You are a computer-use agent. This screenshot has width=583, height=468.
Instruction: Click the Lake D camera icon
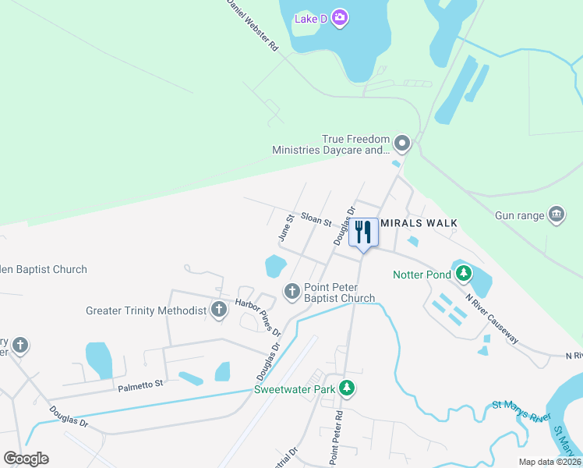pos(340,17)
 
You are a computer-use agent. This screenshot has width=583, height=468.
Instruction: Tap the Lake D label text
pos(310,18)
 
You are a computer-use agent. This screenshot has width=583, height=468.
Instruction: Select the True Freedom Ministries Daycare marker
pos(402,143)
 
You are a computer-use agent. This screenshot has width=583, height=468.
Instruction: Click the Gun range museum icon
pos(556,214)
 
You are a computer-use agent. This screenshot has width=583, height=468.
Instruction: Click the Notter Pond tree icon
pos(465,273)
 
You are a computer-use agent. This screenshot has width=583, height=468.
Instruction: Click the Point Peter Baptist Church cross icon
pos(292,292)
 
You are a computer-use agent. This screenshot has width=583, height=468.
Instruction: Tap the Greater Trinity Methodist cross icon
pos(219,310)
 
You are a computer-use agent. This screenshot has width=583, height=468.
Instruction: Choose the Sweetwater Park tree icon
pos(348,388)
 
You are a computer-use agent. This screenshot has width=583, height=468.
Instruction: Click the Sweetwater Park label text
pos(294,388)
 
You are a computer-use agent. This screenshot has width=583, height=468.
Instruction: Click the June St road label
pos(285,228)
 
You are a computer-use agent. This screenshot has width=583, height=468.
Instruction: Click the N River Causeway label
pos(492,318)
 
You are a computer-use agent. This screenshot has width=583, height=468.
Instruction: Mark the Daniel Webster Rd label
pos(253,25)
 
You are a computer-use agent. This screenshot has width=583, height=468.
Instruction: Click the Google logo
pos(26,458)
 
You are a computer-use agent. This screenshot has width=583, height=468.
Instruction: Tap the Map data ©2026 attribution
pos(549,462)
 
